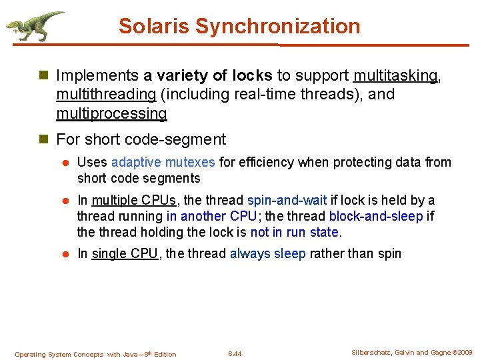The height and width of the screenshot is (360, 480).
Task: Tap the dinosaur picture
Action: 35,26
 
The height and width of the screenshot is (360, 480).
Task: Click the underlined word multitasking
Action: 395,76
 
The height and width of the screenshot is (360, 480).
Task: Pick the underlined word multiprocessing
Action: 111,113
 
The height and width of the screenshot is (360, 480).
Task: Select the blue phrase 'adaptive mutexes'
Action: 163,162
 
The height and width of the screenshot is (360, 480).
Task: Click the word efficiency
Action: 267,162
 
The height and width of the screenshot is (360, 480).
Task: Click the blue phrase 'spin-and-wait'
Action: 286,200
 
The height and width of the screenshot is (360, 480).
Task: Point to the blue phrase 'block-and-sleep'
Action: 376,216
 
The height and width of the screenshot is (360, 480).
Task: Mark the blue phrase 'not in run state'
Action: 295,232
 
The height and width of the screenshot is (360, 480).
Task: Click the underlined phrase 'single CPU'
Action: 124,253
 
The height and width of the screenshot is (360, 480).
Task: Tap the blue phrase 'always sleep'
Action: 267,253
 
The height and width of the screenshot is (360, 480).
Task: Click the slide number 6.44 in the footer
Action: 235,353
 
